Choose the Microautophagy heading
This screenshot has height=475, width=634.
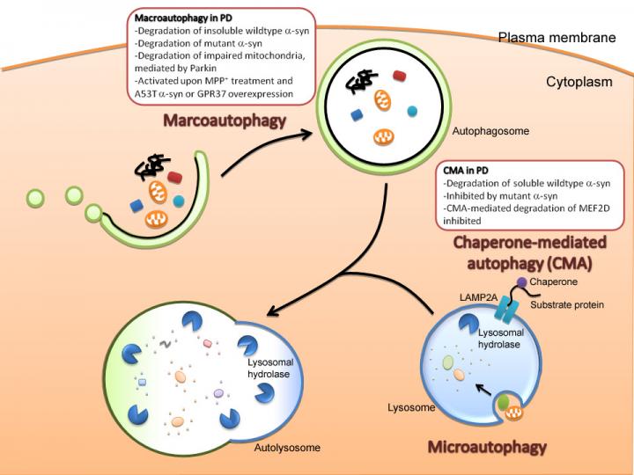pos(487,447)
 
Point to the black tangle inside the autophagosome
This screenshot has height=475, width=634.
pos(358,82)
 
